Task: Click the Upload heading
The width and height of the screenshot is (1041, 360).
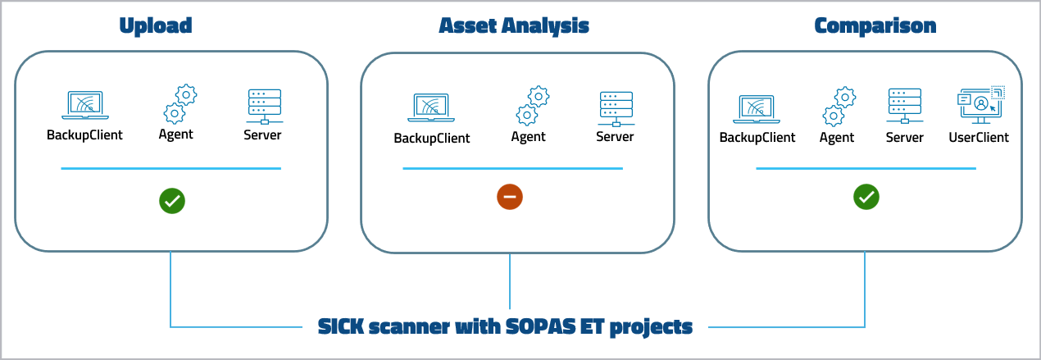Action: [156, 25]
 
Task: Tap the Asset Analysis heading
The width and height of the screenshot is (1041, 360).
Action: [514, 25]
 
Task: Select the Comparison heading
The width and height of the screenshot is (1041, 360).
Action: [875, 25]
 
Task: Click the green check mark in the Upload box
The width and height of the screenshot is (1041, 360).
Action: [173, 200]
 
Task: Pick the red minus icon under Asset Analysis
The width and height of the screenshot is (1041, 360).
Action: [510, 197]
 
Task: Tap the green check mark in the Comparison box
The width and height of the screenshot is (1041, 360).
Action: [866, 197]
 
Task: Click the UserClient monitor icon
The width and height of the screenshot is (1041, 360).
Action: [980, 105]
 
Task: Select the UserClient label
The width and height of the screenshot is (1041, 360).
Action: [979, 137]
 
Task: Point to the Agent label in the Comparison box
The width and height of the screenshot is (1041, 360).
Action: [837, 137]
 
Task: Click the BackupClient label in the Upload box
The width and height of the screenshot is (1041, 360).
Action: [84, 134]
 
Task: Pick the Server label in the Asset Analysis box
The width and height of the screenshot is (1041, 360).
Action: [615, 137]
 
